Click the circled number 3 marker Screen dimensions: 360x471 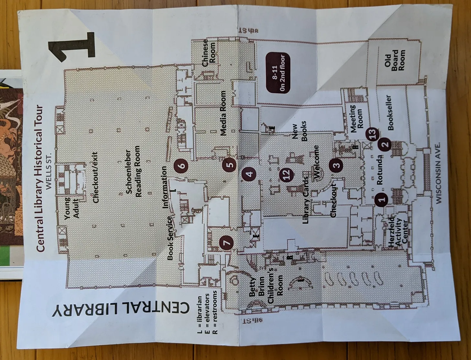(x=336, y=165)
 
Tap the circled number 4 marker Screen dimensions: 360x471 (x=249, y=174)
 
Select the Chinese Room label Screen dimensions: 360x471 (x=209, y=53)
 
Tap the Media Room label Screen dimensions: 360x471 (x=223, y=113)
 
